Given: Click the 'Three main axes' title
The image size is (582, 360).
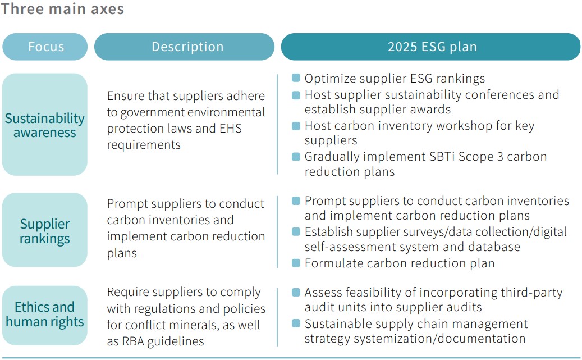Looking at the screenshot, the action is click(x=62, y=8).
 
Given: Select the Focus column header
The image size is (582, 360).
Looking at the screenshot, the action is click(x=45, y=47).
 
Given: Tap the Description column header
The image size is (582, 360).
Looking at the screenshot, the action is click(x=184, y=47).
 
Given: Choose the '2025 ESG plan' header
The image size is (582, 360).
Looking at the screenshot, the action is click(x=430, y=47).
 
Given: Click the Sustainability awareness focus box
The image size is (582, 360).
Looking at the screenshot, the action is click(x=45, y=125).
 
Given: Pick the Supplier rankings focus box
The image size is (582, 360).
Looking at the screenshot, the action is click(x=45, y=230).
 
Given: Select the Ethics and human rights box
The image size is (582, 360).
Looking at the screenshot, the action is click(x=45, y=316).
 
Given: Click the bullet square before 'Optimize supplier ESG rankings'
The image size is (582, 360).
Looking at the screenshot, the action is click(x=296, y=78).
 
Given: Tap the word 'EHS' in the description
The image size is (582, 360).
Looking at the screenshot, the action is click(x=231, y=128).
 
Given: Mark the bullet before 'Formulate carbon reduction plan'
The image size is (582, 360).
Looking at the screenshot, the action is click(x=296, y=263).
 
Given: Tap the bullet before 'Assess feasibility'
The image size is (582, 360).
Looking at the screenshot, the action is click(x=296, y=293).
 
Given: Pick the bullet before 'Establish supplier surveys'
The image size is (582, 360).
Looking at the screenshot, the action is click(x=296, y=231).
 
